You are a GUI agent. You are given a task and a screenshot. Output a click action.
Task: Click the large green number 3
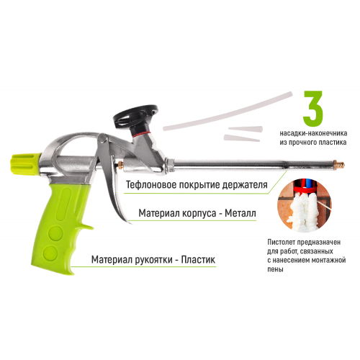[313, 109]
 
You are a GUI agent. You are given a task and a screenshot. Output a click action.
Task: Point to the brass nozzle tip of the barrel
[340, 165]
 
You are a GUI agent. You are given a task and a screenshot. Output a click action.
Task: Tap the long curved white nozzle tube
[228, 111]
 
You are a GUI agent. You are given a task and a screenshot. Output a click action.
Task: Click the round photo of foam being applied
[305, 206]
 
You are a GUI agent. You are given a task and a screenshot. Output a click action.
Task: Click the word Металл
[240, 213]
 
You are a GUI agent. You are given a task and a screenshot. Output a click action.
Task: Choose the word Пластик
[198, 260]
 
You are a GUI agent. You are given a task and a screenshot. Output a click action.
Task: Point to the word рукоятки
[152, 260]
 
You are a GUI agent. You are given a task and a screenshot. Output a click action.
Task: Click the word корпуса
[196, 214]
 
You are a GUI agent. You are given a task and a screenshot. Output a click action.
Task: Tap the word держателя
[245, 185]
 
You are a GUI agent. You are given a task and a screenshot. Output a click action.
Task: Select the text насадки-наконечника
[313, 133]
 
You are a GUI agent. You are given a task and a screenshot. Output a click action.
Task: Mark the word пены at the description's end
[275, 269]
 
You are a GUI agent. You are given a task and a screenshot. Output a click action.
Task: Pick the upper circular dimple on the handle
[55, 233]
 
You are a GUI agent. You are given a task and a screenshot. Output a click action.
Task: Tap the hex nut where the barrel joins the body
[170, 165]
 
